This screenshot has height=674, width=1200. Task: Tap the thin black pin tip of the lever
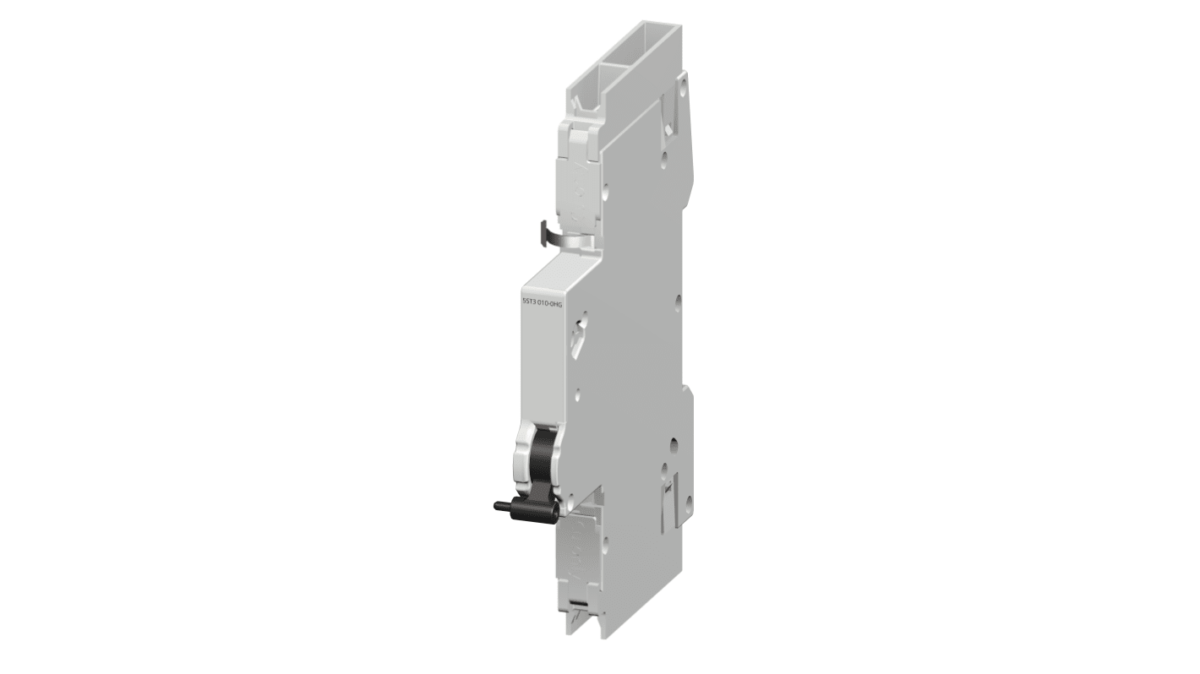pos(499,507)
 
